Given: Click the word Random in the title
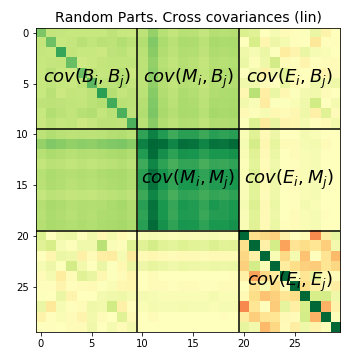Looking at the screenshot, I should coord(82,17).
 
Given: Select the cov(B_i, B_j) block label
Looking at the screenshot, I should coord(87,77).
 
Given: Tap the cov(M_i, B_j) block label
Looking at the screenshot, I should coord(188,77).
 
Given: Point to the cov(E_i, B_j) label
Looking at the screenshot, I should coord(289,77).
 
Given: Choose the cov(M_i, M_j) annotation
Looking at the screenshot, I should coord(188,178).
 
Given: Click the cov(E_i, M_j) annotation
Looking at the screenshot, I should coord(289,178).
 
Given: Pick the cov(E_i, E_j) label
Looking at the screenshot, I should coord(289,280).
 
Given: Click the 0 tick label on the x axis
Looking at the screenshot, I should coord(41,344).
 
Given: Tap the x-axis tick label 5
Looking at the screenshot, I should coord(92,344).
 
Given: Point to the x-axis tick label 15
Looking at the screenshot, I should coord(193,344).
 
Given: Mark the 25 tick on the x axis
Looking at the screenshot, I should coord(295,344).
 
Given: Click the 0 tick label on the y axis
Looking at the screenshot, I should coord(26,34).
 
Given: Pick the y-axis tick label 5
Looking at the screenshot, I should coord(26,84).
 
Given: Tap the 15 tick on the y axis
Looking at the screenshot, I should coord(23,186).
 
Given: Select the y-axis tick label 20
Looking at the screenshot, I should coord(23,237).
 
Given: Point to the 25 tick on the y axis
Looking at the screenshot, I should coord(23,287).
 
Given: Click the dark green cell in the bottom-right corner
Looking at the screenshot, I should coord(335,327).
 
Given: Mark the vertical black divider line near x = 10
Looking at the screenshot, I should coord(137,180).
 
